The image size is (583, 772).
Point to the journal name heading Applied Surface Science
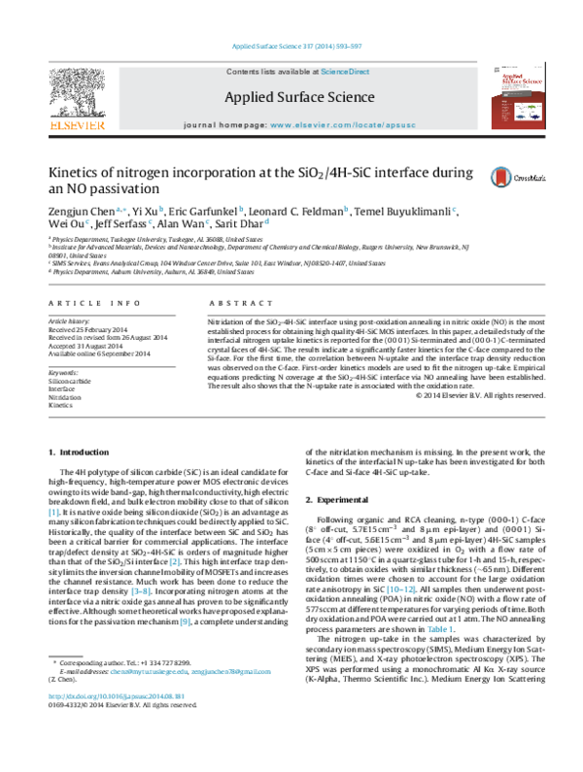291,96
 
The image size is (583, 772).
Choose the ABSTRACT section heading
232,277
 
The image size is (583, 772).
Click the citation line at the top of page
291,45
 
